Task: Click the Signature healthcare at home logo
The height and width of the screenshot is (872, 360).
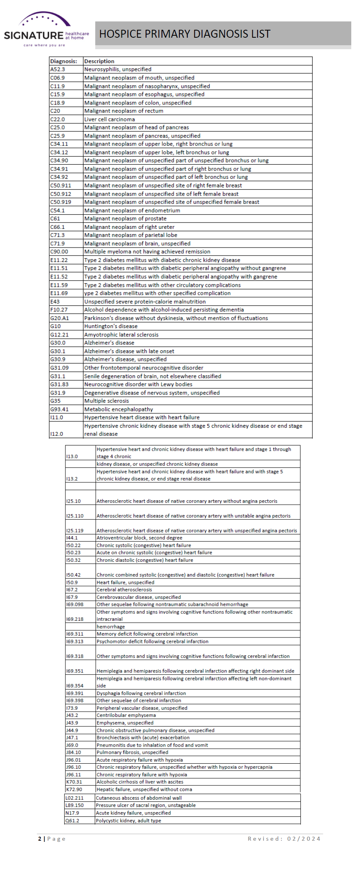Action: (46, 30)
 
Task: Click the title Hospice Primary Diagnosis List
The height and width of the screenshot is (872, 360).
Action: (185, 34)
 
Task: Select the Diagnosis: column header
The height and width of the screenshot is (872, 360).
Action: (64, 61)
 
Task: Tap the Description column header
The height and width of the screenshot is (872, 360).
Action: (99, 61)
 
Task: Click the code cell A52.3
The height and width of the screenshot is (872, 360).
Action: (58, 69)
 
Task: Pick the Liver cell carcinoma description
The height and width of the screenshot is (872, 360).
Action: (110, 119)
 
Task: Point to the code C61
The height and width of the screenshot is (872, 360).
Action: (55, 219)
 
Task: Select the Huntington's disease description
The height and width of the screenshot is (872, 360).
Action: (111, 326)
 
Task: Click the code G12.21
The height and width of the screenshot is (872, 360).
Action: (59, 334)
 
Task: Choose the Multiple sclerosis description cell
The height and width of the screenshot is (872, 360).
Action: (106, 401)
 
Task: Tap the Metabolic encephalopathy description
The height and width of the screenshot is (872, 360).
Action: (118, 409)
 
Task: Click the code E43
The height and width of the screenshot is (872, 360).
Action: (55, 302)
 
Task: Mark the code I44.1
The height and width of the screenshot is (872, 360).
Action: (72, 538)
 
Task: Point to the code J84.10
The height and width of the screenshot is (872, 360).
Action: (73, 752)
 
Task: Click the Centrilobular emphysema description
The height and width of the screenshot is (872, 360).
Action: (126, 715)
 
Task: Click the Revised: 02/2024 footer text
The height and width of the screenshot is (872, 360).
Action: (284, 839)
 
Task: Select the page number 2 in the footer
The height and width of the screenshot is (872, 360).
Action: (40, 839)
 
